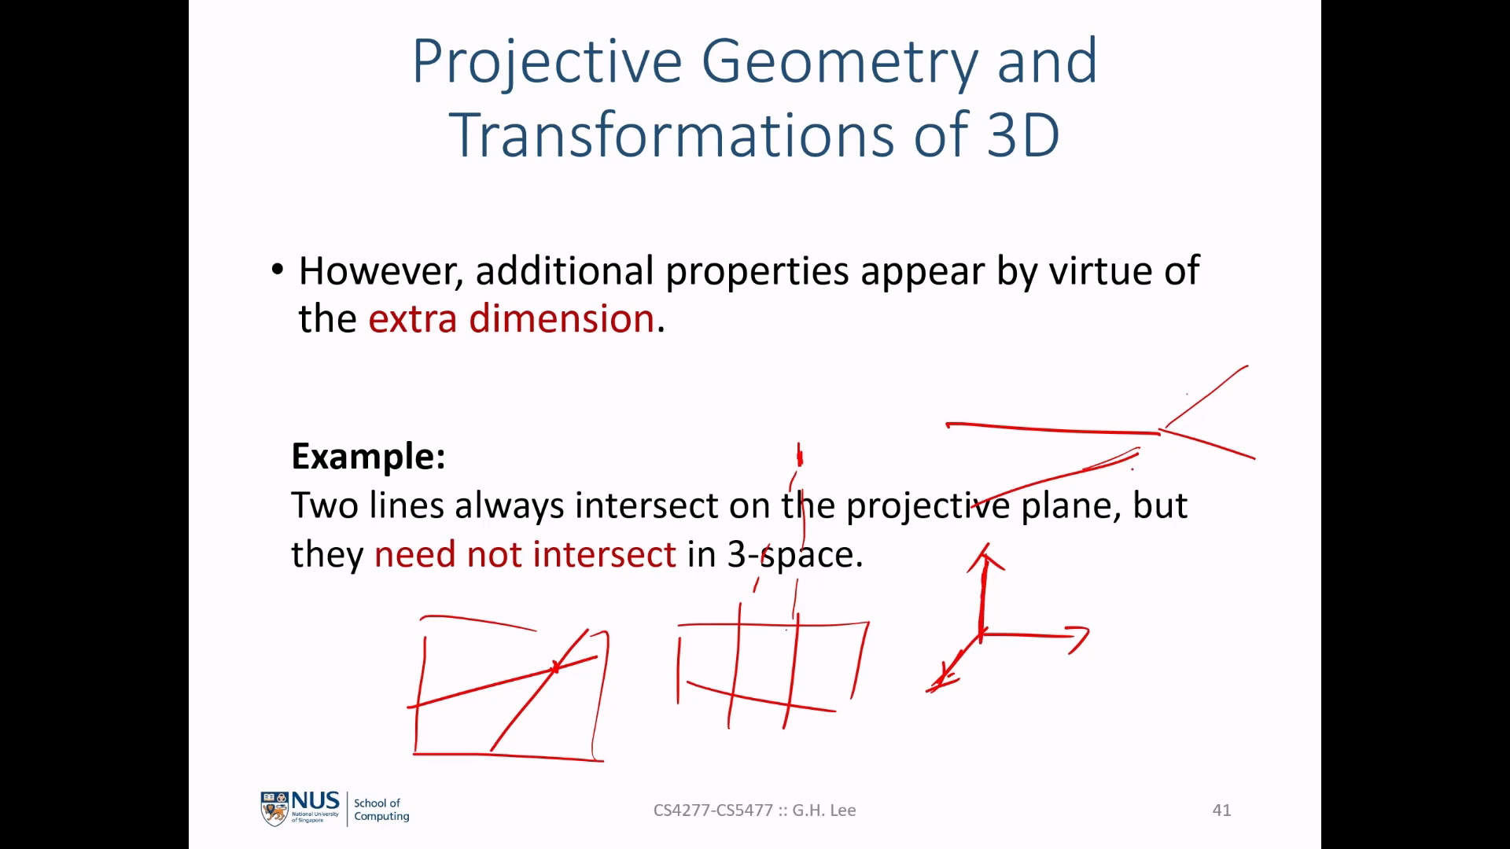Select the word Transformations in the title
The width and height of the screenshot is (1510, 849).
click(671, 134)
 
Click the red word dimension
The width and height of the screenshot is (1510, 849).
click(562, 318)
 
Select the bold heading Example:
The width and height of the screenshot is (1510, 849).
click(368, 456)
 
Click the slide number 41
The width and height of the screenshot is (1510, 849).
click(1221, 810)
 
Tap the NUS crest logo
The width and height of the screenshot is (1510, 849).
click(274, 809)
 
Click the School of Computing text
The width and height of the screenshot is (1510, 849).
click(381, 810)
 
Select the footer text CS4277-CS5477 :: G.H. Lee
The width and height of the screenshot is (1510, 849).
click(754, 810)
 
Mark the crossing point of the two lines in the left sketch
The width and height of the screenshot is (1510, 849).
click(555, 668)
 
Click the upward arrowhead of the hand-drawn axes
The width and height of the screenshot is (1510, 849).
click(985, 555)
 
